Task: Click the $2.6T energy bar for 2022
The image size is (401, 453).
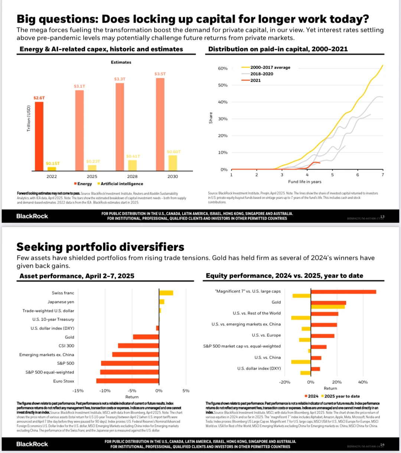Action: point(39,136)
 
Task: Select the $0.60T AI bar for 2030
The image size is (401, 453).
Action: point(173,163)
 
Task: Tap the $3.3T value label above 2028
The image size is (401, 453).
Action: point(120,79)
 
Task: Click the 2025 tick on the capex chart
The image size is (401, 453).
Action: point(92,177)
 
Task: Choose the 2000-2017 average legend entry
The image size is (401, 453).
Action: point(270,67)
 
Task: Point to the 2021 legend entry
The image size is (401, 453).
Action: point(255,80)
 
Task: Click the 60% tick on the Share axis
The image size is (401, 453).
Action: point(223,68)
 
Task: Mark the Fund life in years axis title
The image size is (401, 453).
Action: point(305,182)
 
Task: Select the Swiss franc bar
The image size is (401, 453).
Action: point(166,293)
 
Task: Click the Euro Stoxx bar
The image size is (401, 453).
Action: point(127,381)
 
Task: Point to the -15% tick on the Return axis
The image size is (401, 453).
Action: point(78,391)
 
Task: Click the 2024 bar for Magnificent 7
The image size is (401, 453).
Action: point(343,292)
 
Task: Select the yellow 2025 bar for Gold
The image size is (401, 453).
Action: point(328,307)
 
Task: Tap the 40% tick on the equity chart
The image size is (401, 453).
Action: point(363,382)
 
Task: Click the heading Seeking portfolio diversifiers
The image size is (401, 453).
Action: point(100,247)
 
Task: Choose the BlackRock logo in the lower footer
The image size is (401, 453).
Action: point(32,444)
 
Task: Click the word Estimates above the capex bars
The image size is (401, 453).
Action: point(121,62)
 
